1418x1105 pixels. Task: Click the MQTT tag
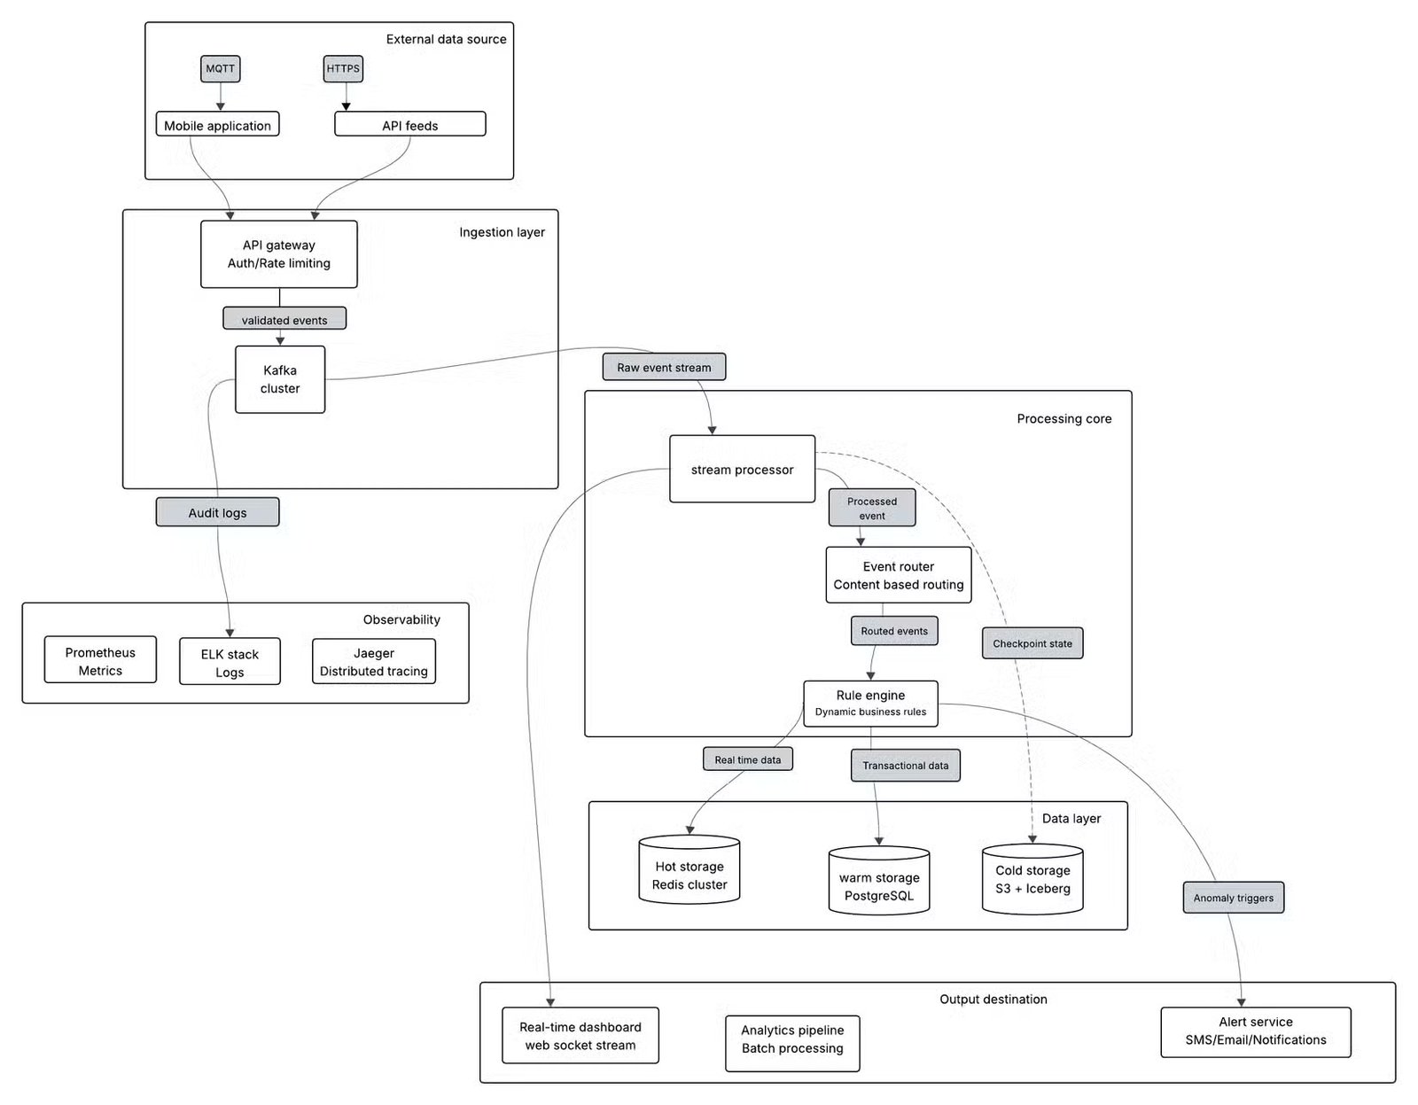220,68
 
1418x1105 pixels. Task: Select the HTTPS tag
343,68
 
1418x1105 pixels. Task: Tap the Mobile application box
217,125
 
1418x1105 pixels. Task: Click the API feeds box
409,125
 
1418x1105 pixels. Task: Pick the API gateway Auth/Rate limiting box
278,254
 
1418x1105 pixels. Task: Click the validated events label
284,320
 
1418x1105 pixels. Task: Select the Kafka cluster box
280,379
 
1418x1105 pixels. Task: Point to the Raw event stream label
664,367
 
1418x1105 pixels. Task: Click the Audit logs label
217,512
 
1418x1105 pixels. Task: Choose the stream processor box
742,470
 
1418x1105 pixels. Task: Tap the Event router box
898,575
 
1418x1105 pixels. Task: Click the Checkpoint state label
1032,643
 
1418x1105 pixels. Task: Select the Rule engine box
870,704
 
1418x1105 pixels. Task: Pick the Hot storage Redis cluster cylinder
689,873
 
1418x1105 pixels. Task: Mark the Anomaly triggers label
1233,898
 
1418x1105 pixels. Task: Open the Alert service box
1255,1031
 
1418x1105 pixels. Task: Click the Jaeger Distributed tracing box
373,662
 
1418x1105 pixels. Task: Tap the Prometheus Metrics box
100,661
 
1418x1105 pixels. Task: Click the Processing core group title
1063,418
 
